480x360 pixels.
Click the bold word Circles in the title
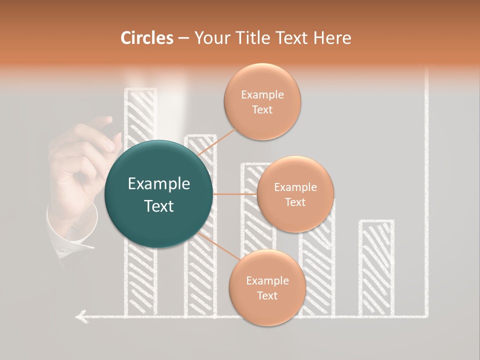coord(147,37)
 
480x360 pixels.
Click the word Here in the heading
coord(332,37)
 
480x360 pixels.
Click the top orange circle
coord(262,101)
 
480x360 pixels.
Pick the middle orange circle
coord(295,194)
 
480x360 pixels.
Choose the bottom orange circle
coord(267,287)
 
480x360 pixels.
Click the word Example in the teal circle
coord(159,184)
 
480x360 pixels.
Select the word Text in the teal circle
coord(159,205)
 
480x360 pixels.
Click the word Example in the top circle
coord(262,94)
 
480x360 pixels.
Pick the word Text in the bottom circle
coord(267,295)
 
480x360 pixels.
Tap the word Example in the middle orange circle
coord(295,187)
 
